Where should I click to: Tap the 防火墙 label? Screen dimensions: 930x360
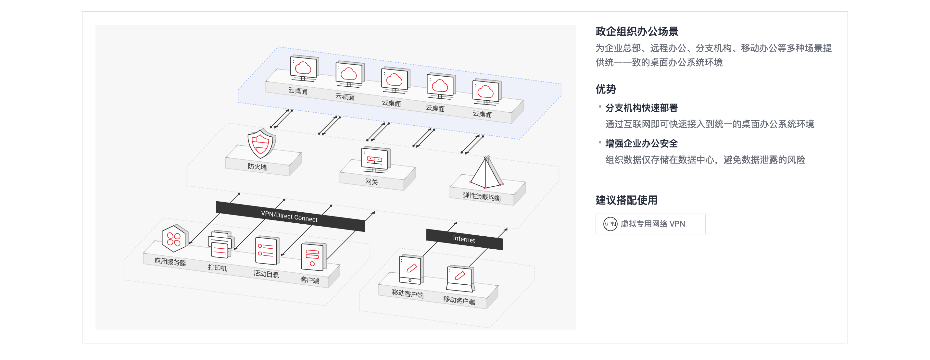[258, 167]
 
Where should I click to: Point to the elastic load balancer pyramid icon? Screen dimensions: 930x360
[486, 172]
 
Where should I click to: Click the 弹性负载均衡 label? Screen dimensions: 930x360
[482, 196]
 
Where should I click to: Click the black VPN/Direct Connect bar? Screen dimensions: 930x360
[291, 216]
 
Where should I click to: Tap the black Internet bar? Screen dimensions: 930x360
[464, 239]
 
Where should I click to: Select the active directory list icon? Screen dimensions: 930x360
[267, 250]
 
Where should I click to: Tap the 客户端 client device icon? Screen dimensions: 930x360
[313, 256]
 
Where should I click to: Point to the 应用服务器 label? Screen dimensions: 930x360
[170, 262]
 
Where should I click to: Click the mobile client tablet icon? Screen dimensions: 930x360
[411, 269]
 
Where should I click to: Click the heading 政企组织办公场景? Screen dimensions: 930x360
[637, 31]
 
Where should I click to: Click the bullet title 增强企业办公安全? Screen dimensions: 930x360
[641, 143]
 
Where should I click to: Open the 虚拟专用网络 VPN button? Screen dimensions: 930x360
[650, 224]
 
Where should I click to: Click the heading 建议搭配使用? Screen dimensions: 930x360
[626, 200]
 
